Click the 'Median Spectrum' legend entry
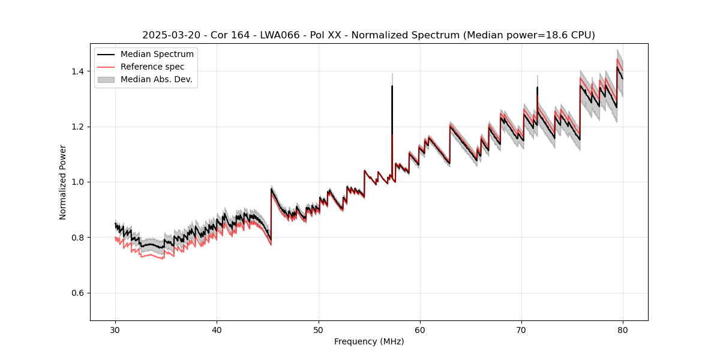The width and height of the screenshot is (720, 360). (157, 54)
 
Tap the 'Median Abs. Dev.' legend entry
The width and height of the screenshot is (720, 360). (156, 79)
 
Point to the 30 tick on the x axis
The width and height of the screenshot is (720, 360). (116, 329)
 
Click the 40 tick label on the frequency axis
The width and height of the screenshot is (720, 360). (217, 329)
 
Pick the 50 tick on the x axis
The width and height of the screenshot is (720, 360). (319, 329)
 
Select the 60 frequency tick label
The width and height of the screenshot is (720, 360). (420, 329)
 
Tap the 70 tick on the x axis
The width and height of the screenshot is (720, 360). (521, 329)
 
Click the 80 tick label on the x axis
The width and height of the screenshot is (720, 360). (623, 329)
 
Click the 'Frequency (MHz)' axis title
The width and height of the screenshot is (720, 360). (369, 341)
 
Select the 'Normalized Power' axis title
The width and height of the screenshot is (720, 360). (63, 182)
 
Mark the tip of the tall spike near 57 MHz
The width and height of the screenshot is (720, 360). (392, 86)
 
